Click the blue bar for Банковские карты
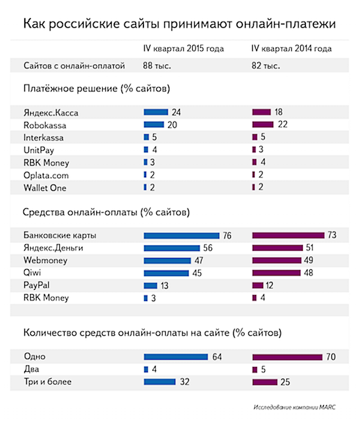182,235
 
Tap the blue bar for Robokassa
154,125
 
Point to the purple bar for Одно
287,357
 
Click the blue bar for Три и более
159,382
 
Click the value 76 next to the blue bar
227,235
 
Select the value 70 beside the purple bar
331,357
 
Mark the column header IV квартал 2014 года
292,49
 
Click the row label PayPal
38,286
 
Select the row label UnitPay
39,150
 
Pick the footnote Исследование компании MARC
294,408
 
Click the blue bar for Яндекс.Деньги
171,248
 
